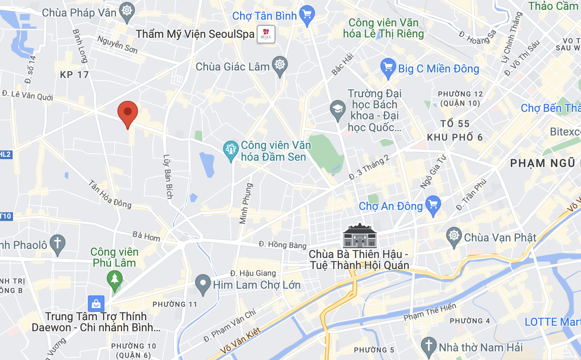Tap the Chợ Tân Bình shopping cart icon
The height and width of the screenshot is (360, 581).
point(307,15)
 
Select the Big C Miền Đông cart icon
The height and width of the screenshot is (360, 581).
point(388,68)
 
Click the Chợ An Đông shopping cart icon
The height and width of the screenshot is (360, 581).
point(433,205)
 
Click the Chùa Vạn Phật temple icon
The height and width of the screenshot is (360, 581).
point(454,237)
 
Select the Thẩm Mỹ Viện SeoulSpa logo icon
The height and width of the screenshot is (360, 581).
point(266,34)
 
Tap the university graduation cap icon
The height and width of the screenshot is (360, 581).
point(338,110)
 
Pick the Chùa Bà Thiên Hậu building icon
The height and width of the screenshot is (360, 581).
point(360,236)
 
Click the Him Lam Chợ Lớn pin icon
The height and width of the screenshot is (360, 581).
point(203,284)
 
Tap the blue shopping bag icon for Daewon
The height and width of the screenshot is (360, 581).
point(96,304)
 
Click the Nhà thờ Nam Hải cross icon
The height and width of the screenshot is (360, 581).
point(428,346)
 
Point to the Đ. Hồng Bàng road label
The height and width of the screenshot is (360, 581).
point(283,245)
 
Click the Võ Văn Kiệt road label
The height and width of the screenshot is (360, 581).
point(240,341)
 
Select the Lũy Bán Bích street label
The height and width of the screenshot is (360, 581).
point(168,176)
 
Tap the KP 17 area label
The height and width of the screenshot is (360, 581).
point(74,75)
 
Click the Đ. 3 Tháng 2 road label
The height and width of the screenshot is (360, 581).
point(369,167)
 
